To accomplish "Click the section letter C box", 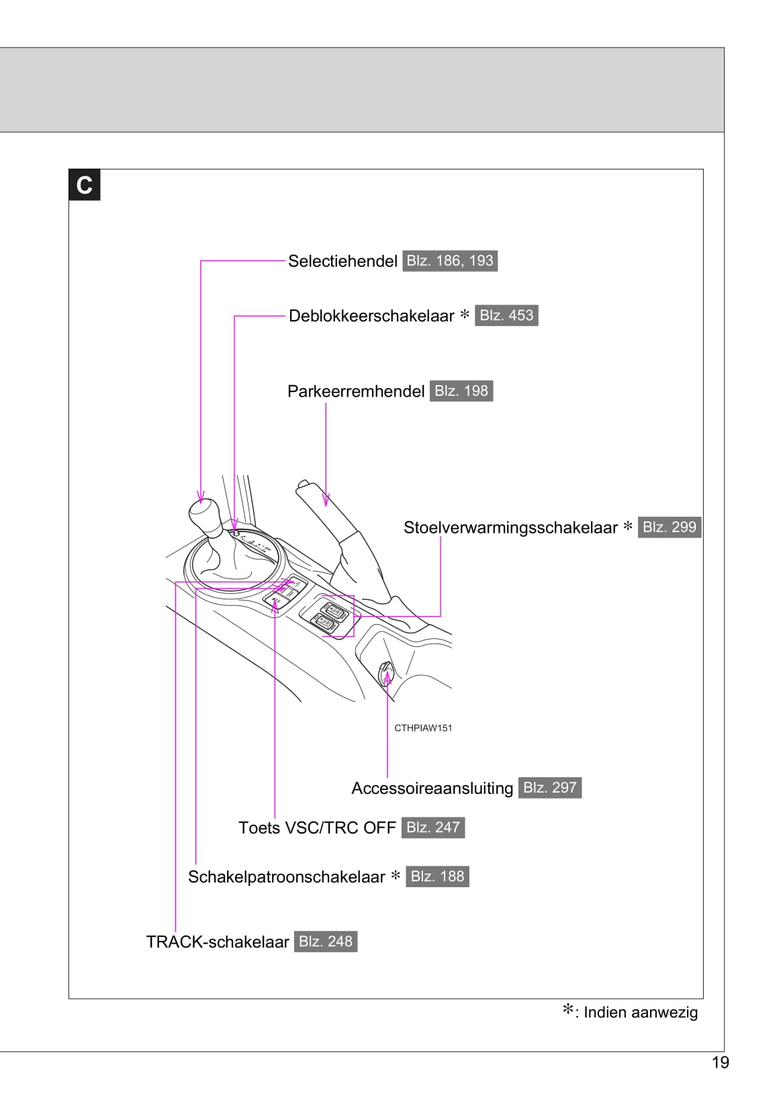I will point(85,185).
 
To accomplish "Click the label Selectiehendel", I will point(342,261).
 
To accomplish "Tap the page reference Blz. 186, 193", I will point(450,261).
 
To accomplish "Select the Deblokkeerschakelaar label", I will point(371,315).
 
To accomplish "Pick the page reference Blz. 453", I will point(506,315).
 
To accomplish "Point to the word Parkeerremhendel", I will point(356,391).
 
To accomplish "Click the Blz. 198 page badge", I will point(461,391).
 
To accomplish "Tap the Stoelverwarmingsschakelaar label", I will point(510,527).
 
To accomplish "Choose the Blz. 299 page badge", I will point(670,527).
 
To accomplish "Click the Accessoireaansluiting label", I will point(432,788).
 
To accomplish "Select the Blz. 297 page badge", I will point(550,788).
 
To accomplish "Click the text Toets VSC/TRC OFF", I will point(317,827).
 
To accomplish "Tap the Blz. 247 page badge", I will point(433,827).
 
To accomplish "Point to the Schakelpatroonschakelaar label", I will point(287,877).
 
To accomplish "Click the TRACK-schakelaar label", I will point(218,942).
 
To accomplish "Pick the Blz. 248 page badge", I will point(326,942).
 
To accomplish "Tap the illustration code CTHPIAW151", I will point(423,728).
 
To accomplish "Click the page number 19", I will point(721,1062).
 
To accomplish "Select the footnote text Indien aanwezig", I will point(641,1013).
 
